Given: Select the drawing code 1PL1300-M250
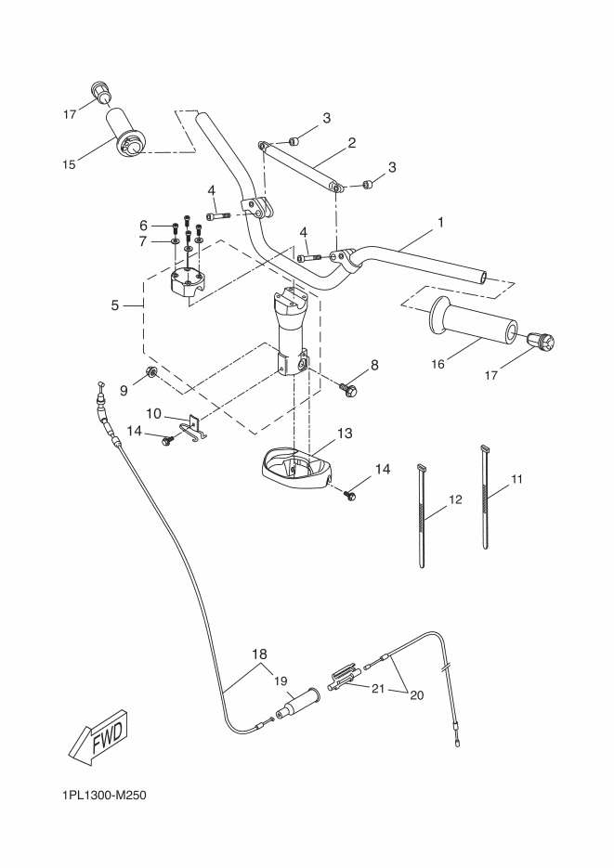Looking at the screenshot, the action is click(x=105, y=796).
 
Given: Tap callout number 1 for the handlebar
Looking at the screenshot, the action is click(x=440, y=223).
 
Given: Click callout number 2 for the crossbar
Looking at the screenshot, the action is click(x=351, y=143).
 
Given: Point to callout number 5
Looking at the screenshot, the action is click(x=114, y=305).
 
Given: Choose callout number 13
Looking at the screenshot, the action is click(x=345, y=433).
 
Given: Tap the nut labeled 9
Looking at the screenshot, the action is click(x=150, y=371).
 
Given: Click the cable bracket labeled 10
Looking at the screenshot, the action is click(x=194, y=429).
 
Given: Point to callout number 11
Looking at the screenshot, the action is click(x=516, y=479).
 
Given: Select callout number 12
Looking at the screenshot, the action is click(x=455, y=499).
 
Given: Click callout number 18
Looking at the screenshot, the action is click(x=259, y=654).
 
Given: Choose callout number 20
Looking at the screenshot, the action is click(x=416, y=694).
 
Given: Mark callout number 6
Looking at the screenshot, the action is click(x=143, y=226).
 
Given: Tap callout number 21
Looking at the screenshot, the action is click(x=378, y=689).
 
